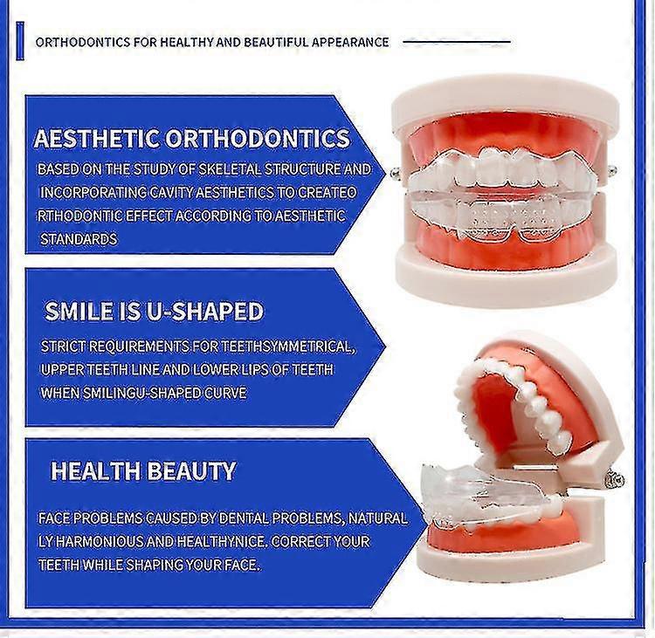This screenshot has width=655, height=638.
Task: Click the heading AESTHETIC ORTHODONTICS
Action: pyautogui.click(x=191, y=139)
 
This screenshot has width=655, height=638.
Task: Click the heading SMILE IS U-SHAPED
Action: pyautogui.click(x=154, y=312)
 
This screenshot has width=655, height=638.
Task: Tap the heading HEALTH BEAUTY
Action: pyautogui.click(x=143, y=471)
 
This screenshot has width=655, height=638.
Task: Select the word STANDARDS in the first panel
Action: pyautogui.click(x=79, y=238)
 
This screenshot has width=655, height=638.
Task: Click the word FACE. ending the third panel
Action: pyautogui.click(x=242, y=565)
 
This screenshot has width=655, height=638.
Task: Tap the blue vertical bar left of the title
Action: pyautogui.click(x=19, y=42)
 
